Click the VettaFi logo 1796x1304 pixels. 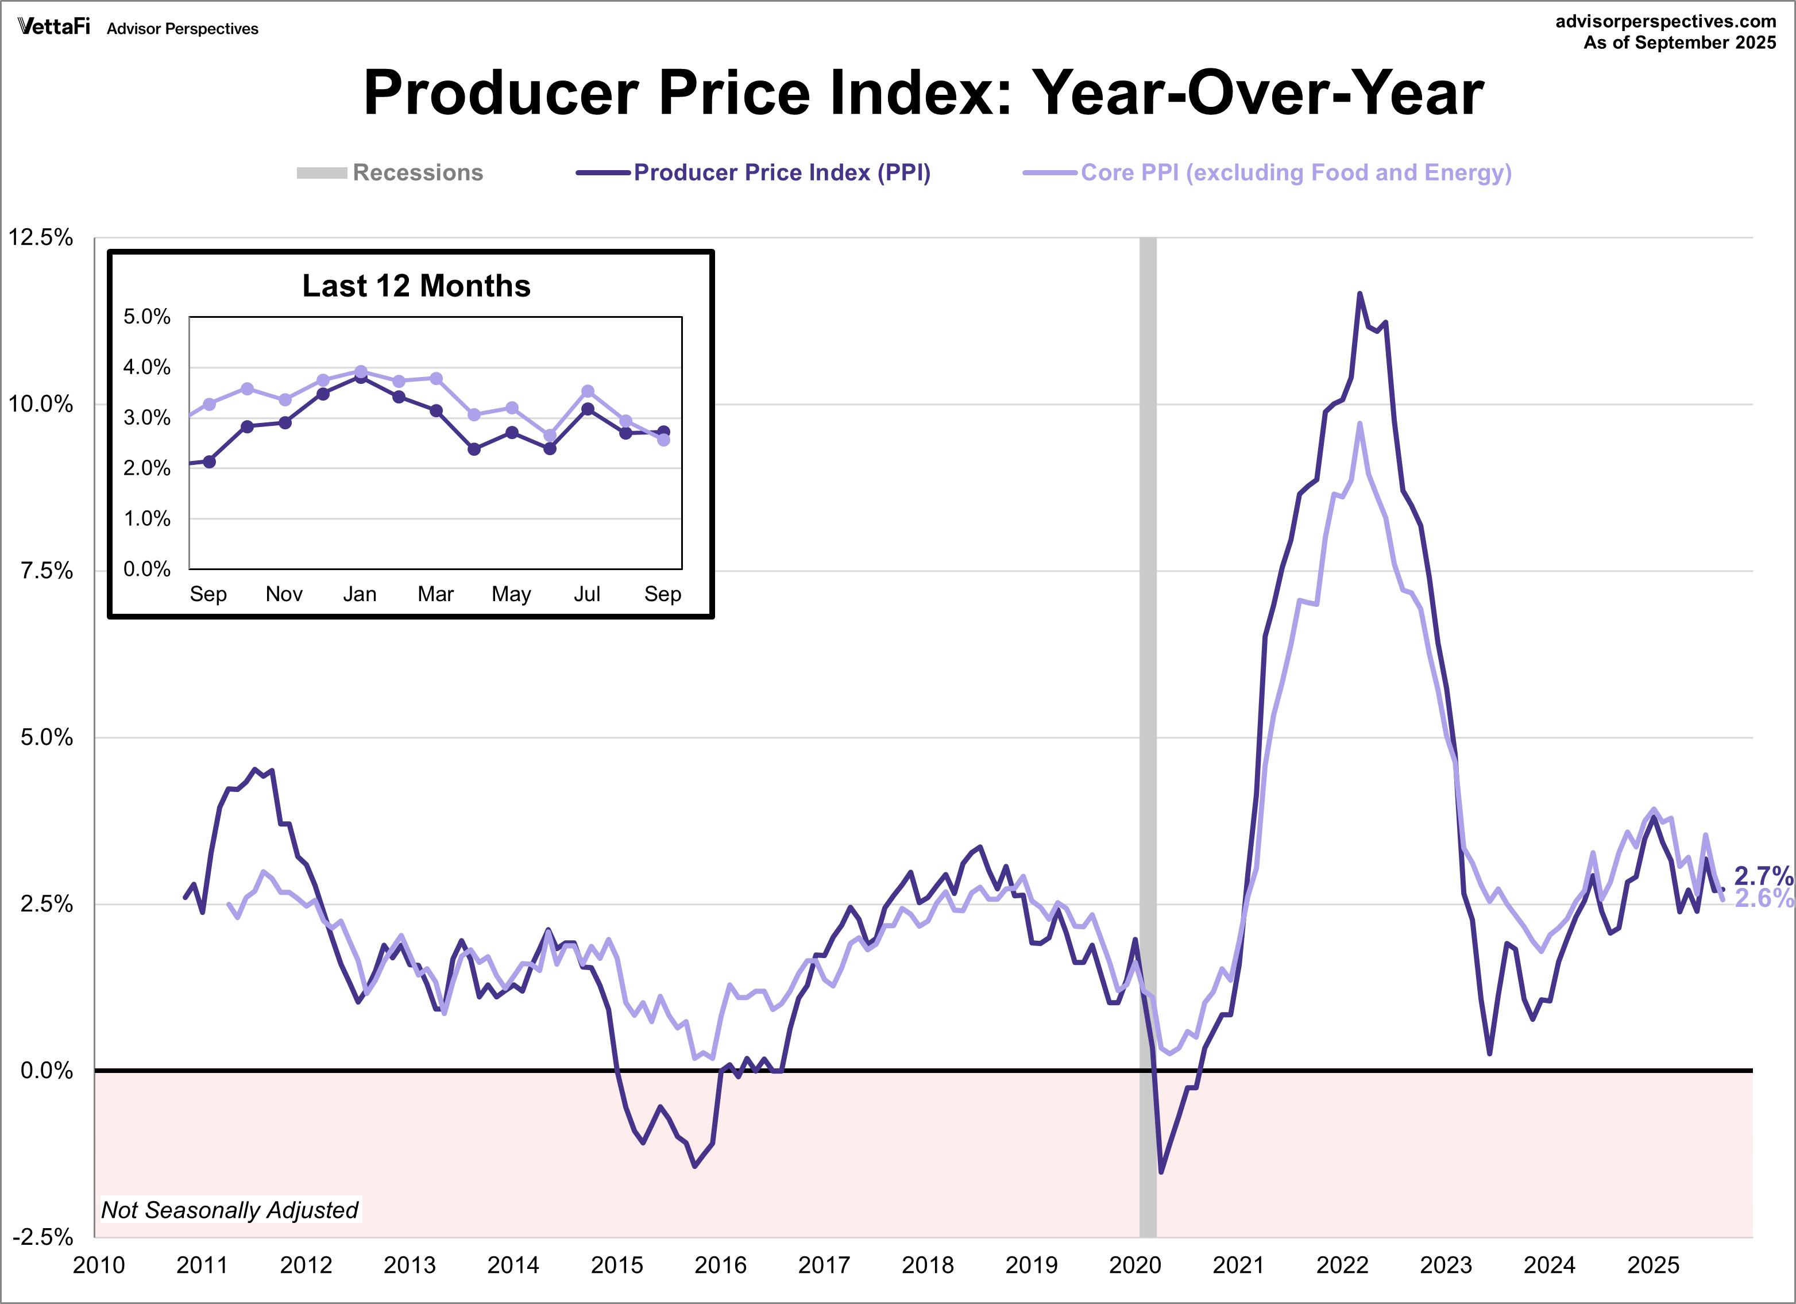pos(54,27)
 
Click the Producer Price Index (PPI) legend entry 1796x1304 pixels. pos(754,173)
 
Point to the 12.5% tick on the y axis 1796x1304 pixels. pos(41,238)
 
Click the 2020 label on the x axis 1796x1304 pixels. pos(1135,1265)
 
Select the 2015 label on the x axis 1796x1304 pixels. pos(617,1265)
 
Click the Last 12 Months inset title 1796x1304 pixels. pos(416,285)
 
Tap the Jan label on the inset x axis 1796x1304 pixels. pos(360,594)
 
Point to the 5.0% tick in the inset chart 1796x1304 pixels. pos(146,317)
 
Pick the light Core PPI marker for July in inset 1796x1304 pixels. pos(588,391)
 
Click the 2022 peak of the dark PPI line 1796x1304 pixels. pos(1359,294)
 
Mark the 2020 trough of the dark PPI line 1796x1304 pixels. pos(1161,1172)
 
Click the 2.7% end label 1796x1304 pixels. pos(1763,875)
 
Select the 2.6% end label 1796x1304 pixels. pos(1763,898)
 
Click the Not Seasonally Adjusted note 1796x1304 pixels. pos(230,1210)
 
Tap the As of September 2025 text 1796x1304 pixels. pos(1679,43)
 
